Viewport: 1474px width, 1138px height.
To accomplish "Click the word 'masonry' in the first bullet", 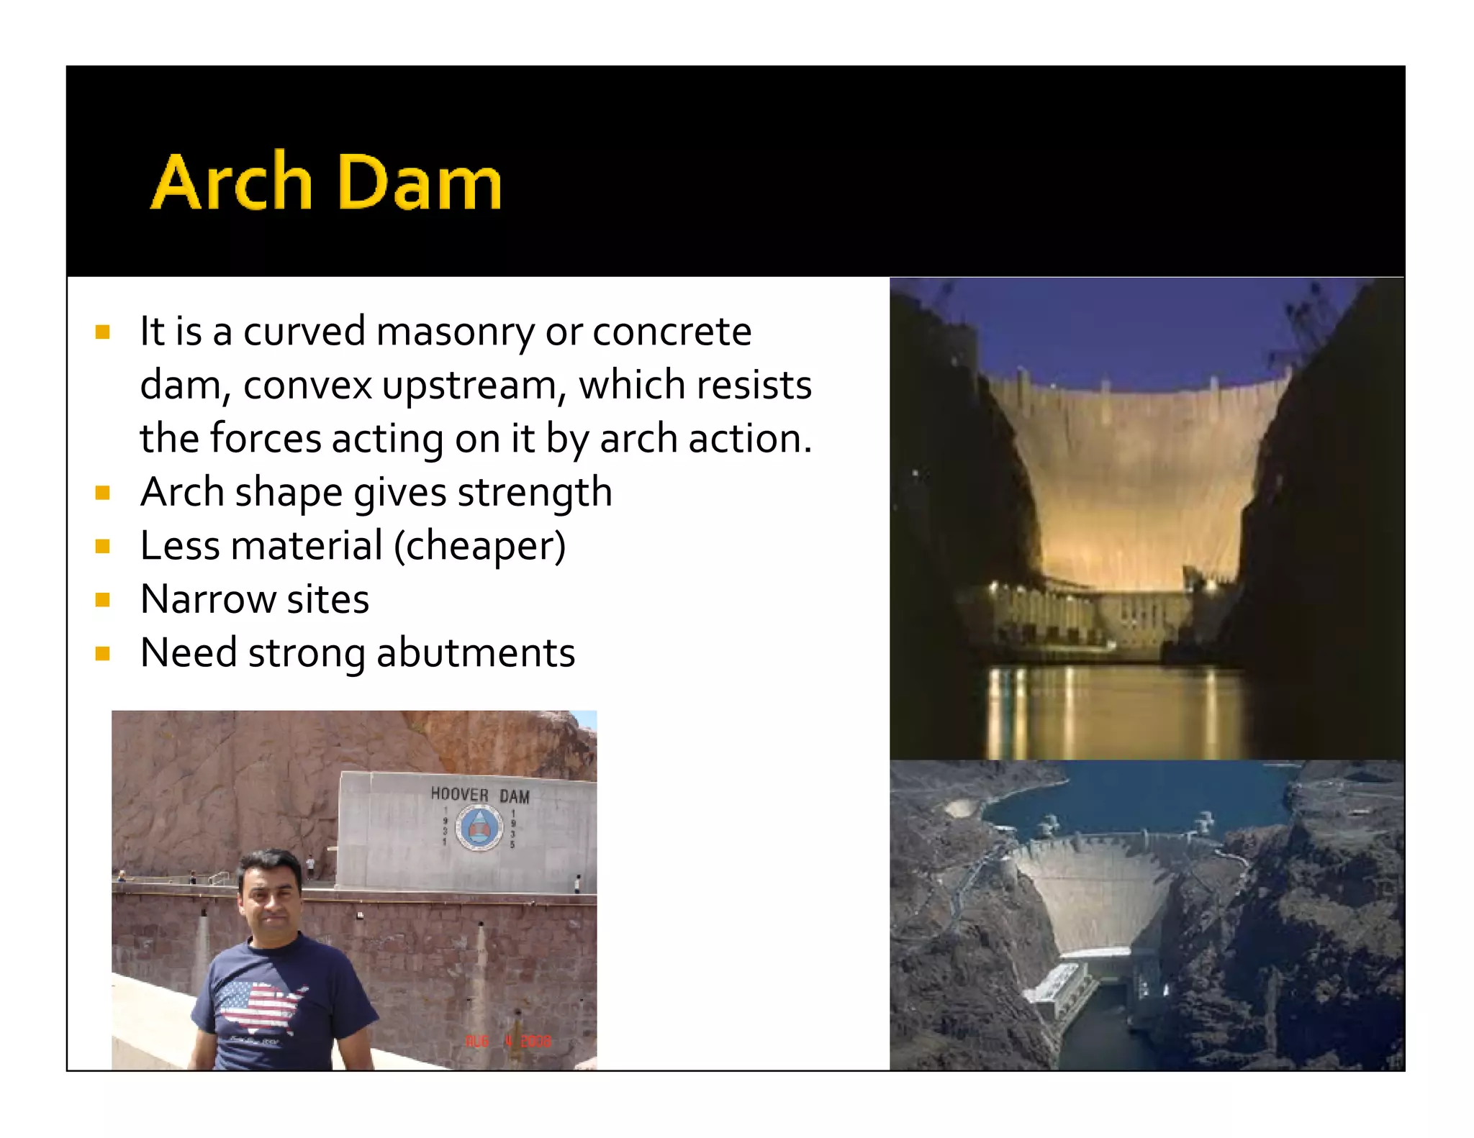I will (x=455, y=332).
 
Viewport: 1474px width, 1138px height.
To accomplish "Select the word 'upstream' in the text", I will (x=469, y=386).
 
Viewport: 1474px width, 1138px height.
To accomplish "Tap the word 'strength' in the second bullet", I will (x=535, y=493).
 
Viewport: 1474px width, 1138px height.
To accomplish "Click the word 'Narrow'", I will (x=208, y=600).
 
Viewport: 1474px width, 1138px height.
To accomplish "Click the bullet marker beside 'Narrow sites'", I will (x=103, y=600).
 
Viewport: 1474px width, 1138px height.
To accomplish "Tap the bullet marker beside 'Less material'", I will (x=103, y=547).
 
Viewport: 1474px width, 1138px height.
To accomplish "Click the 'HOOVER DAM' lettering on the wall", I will (x=479, y=795).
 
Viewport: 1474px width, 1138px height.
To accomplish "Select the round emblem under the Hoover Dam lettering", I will (x=479, y=827).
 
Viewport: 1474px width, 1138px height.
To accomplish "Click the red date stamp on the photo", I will (x=508, y=1041).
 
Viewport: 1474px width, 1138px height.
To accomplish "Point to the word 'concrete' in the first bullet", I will (x=672, y=332).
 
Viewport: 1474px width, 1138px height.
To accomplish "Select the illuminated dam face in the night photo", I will (x=1137, y=489).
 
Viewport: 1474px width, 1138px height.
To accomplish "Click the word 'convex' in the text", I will (x=307, y=386).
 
